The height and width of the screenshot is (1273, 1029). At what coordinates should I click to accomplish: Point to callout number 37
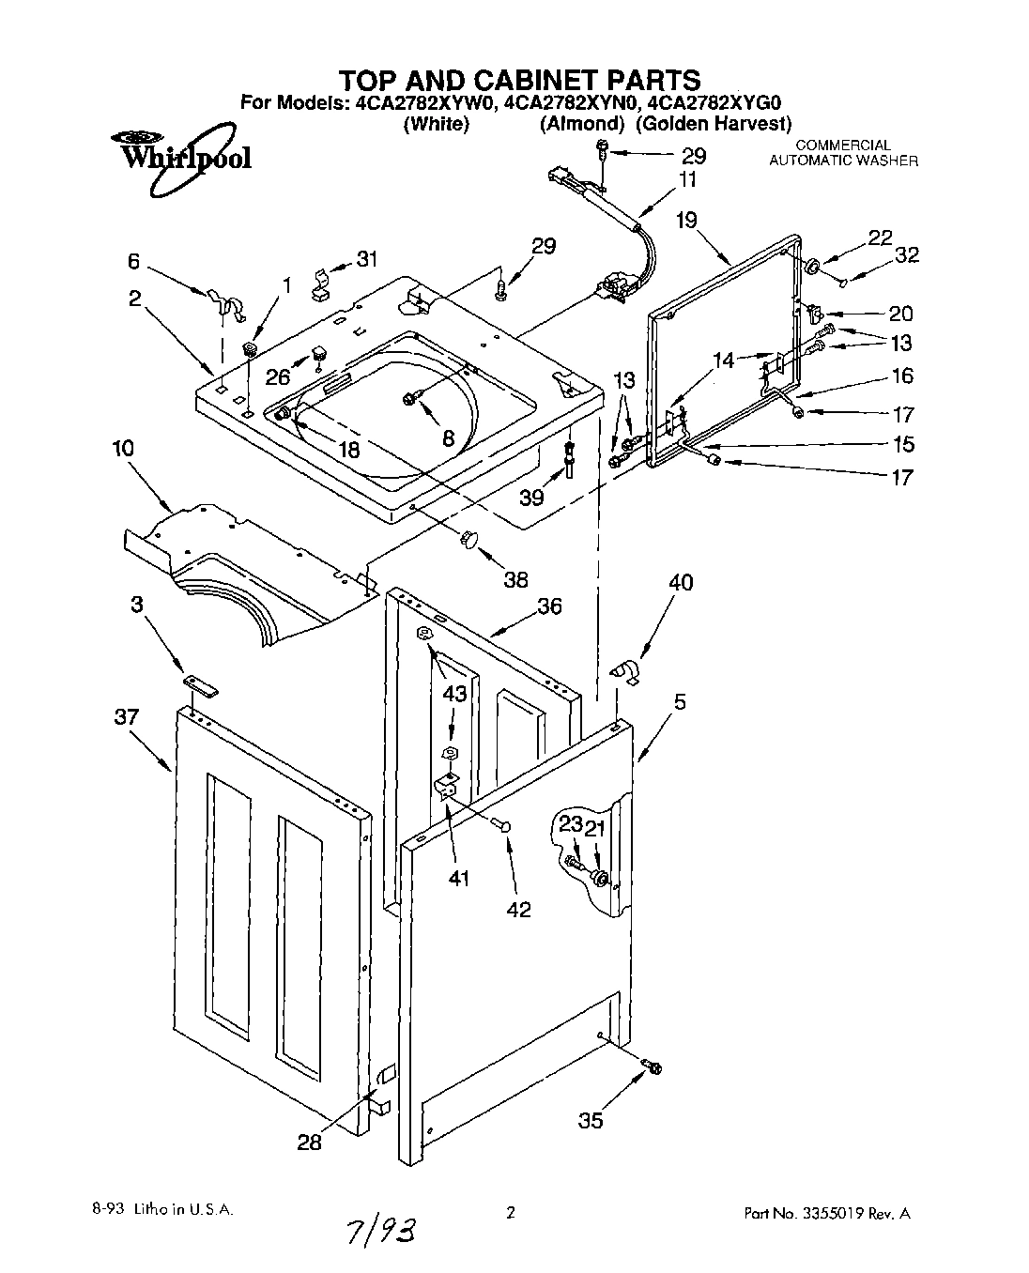tap(127, 717)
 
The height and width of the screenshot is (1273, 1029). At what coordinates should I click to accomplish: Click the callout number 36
tap(549, 606)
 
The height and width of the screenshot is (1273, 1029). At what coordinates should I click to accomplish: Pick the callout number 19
tap(686, 221)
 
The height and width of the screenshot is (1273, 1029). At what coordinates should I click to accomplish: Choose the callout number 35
tap(591, 1119)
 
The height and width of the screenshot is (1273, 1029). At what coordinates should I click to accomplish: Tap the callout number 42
tap(518, 909)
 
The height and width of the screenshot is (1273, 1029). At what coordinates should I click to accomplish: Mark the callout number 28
tap(309, 1142)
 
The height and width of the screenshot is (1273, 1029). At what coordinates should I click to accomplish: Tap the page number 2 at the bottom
tap(511, 1212)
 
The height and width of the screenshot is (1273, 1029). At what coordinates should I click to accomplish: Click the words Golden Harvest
tap(714, 123)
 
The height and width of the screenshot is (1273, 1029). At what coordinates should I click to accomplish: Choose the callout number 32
tap(906, 254)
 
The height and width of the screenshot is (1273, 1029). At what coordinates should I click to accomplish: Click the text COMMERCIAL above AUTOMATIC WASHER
tap(842, 146)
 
